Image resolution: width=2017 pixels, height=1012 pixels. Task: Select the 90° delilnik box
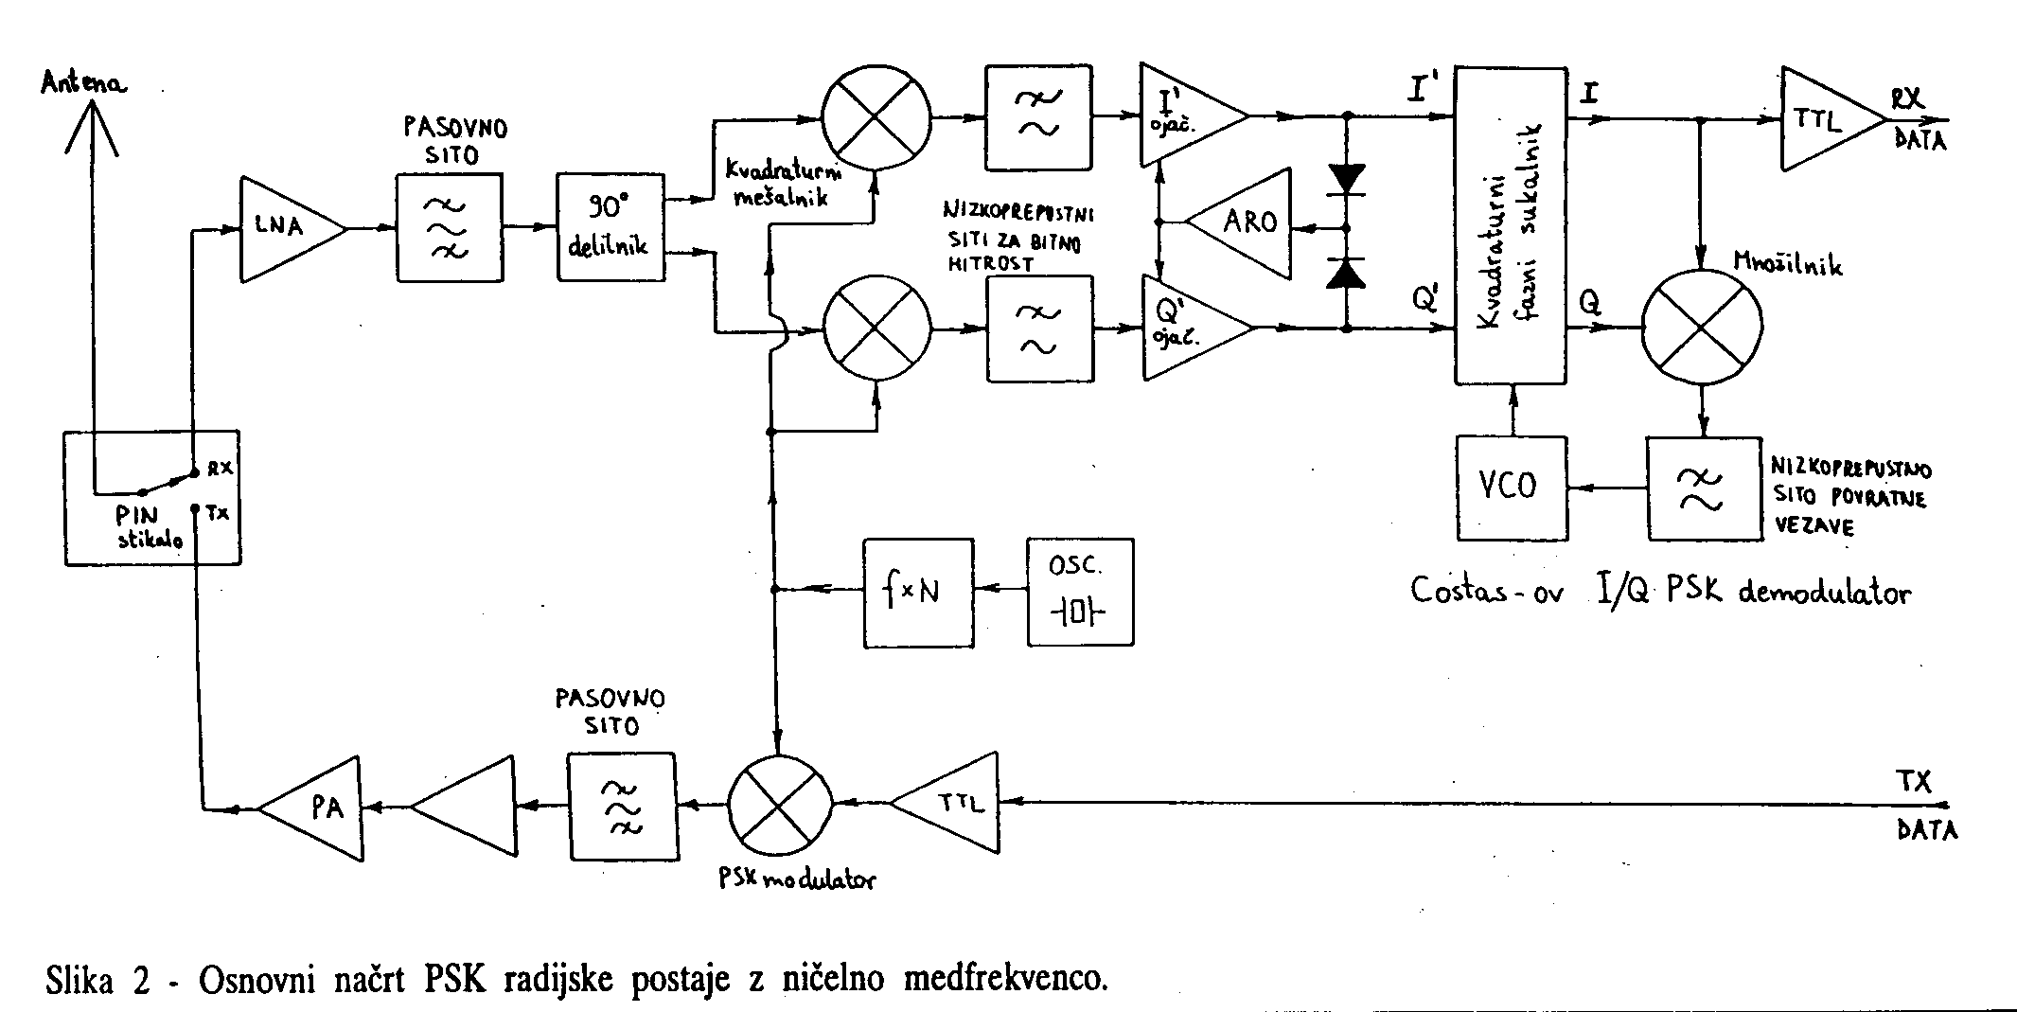coord(610,227)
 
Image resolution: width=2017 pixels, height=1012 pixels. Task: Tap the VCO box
coord(1511,488)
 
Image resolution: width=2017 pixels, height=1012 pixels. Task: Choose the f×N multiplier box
coord(917,593)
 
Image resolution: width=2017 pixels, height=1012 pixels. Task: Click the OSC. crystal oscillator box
coord(1079,593)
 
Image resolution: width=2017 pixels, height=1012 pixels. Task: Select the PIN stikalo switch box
coord(151,499)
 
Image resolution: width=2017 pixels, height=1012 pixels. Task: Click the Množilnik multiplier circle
coord(1701,328)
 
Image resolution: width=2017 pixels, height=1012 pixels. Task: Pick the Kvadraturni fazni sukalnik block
coord(1511,225)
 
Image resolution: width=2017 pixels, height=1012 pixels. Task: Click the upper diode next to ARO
coord(1345,179)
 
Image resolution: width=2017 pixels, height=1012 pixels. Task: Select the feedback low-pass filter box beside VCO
coord(1704,488)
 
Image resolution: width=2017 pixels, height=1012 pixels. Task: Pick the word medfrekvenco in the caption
coord(1005,978)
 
